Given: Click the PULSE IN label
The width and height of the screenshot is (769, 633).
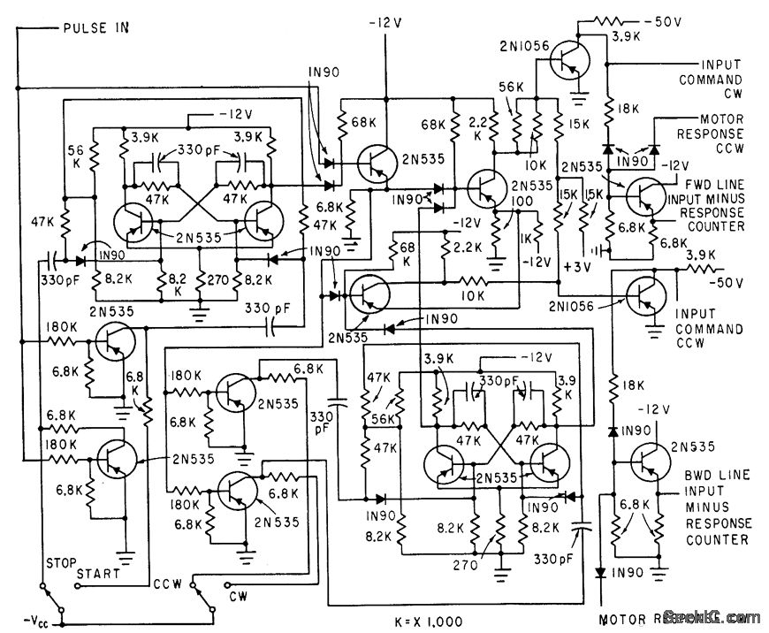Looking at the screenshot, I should (95, 27).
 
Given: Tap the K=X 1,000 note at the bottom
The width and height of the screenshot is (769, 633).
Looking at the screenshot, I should (429, 621).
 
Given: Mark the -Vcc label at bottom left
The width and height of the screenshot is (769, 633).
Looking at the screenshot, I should (33, 616).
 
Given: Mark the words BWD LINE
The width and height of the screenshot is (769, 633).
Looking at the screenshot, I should (704, 475).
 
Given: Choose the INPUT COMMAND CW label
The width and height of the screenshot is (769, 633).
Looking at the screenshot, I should (722, 79).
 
